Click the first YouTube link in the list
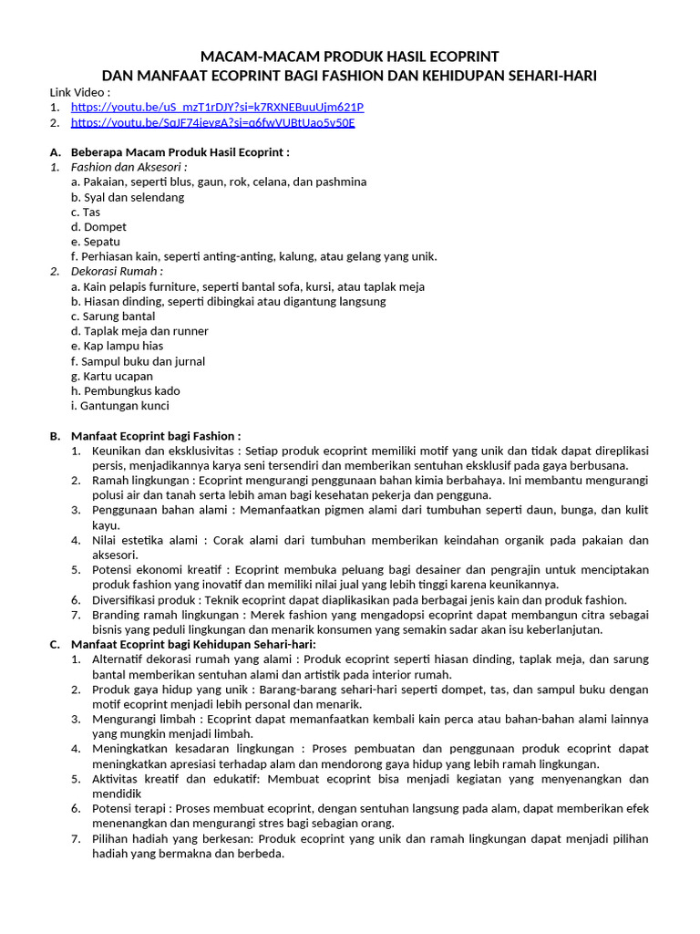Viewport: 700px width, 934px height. (x=217, y=107)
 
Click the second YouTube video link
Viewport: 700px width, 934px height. (x=212, y=122)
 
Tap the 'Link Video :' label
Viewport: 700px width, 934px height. (x=80, y=92)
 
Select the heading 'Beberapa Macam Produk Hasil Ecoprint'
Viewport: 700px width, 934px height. (x=180, y=152)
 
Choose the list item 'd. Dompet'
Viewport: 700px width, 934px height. (x=98, y=226)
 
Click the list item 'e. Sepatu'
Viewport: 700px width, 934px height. (x=96, y=242)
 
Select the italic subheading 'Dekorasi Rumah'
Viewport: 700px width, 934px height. (x=117, y=271)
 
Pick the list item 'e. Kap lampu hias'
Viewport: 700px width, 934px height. (x=117, y=346)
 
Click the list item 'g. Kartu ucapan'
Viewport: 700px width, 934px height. (x=112, y=376)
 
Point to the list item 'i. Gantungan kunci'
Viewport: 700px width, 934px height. (x=119, y=406)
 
